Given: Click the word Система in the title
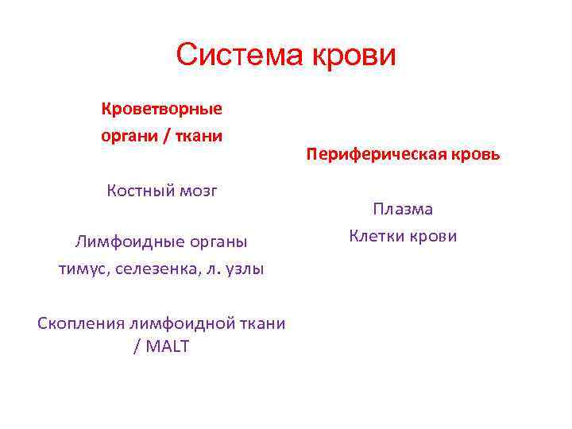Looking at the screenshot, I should coord(231,56).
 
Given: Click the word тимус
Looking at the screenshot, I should coord(83,269).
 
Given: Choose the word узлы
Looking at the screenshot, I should coord(242,269).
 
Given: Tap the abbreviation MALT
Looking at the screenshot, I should coord(167,347).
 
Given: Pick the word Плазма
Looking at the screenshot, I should coord(403,210).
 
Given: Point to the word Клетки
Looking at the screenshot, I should coord(377,236).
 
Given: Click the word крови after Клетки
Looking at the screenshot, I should coord(434,236).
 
